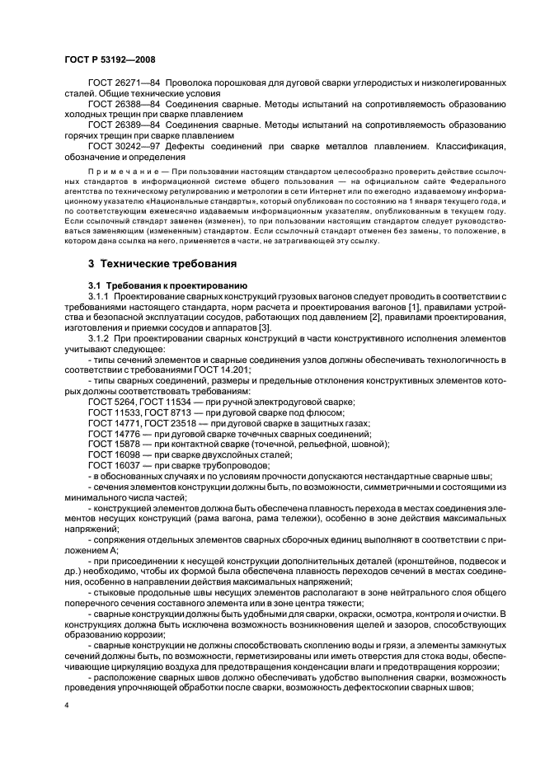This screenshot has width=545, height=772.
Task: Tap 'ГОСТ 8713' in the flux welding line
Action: (171, 412)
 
